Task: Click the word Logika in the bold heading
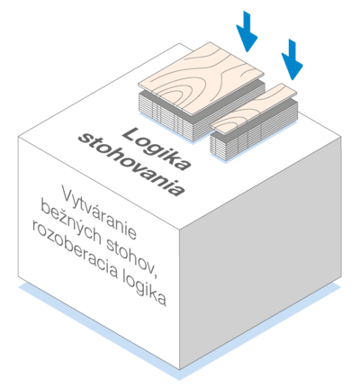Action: [157, 149]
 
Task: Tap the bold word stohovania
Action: [132, 165]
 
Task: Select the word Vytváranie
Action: [99, 212]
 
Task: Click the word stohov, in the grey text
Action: [132, 255]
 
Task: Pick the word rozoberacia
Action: [75, 250]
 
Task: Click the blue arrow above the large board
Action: [247, 32]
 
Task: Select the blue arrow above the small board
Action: [292, 59]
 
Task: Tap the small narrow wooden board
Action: [254, 109]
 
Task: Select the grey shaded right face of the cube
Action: [260, 252]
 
